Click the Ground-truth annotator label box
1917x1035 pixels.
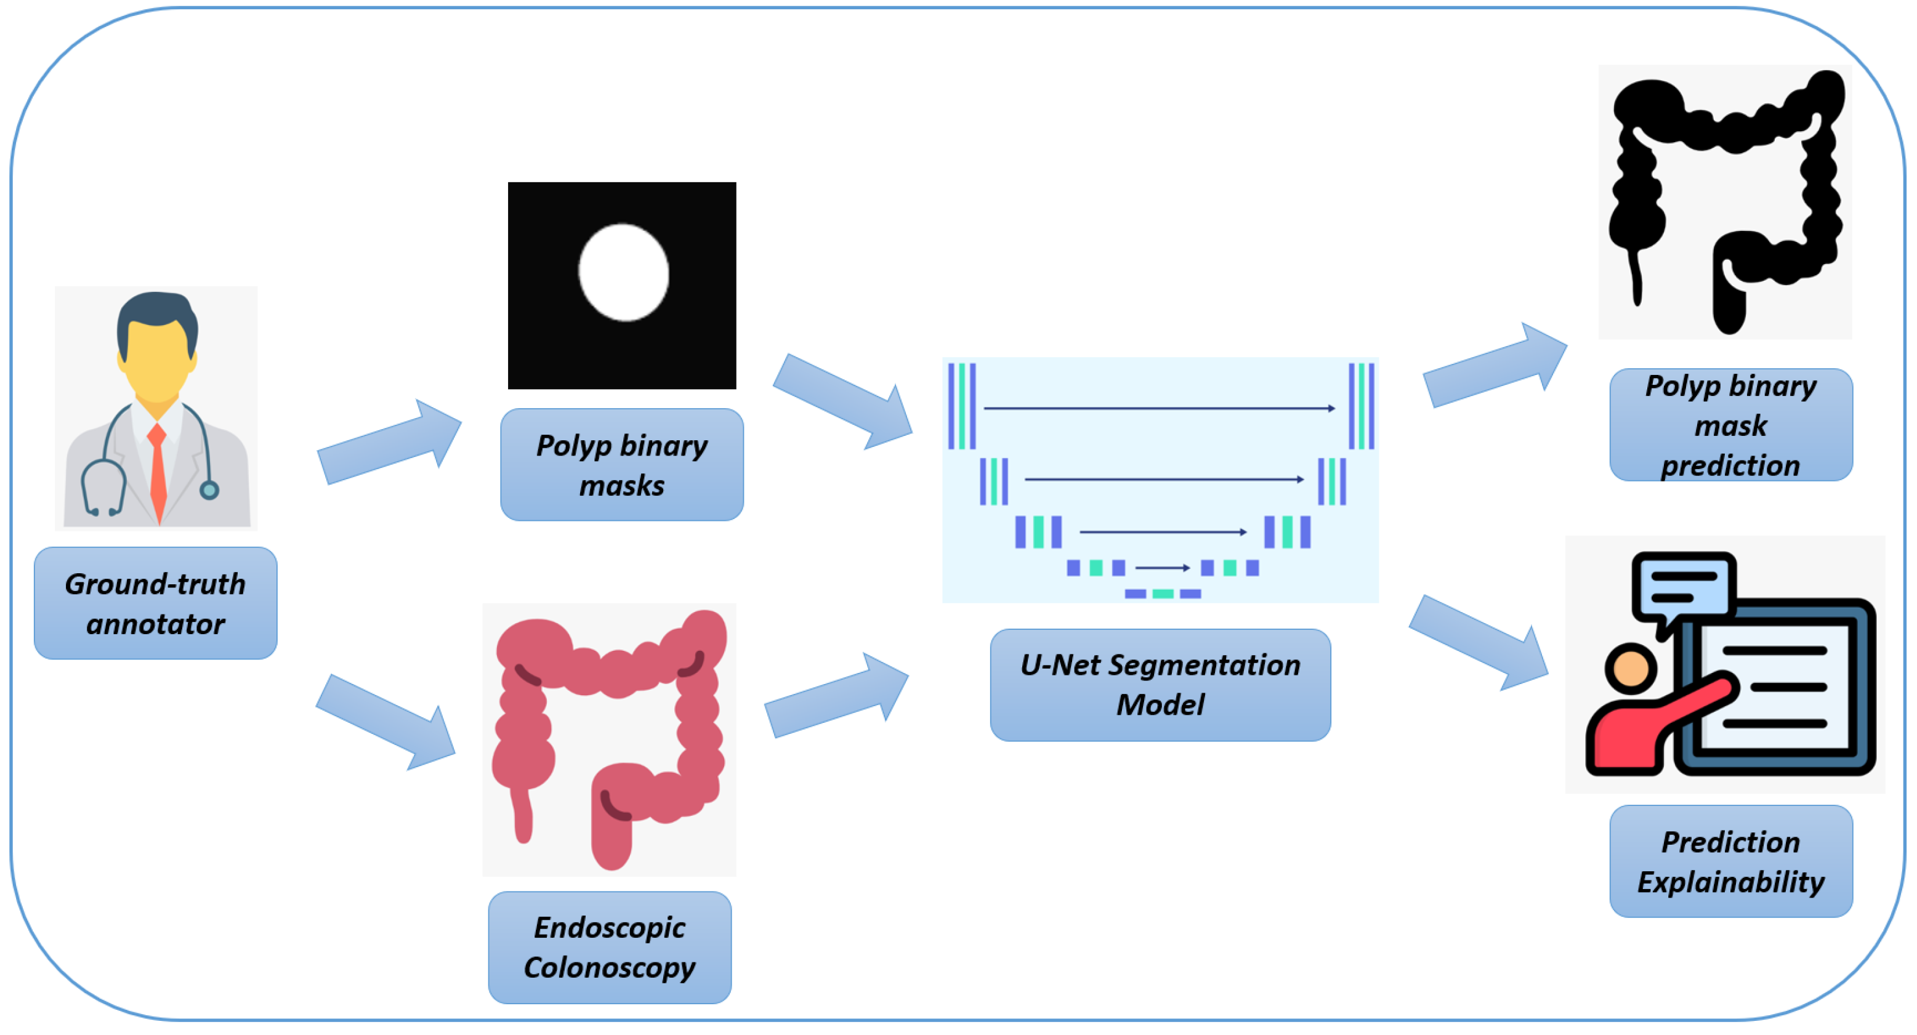tap(156, 603)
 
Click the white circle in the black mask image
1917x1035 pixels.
tap(624, 272)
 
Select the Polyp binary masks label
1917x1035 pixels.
tap(621, 465)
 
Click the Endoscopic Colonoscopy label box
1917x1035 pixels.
tap(610, 947)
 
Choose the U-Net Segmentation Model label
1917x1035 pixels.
tap(1160, 685)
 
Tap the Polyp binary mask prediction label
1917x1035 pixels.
tap(1730, 425)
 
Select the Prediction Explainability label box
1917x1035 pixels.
tap(1730, 861)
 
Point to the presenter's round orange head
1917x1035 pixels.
tap(1631, 668)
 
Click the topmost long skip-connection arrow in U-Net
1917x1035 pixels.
tap(1159, 408)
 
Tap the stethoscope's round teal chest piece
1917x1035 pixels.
tap(209, 489)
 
